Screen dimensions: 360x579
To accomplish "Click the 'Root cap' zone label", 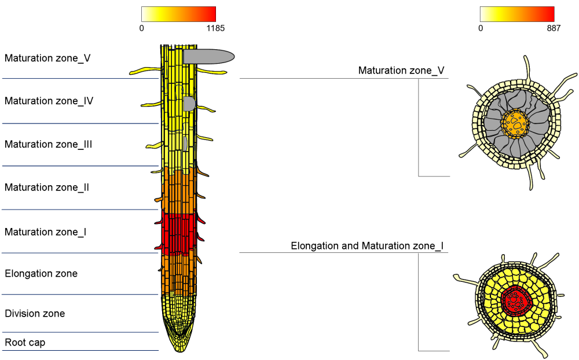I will tap(25, 343).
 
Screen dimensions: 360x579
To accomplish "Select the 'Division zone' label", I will tap(35, 314).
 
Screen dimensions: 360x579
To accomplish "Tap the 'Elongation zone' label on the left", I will tap(41, 273).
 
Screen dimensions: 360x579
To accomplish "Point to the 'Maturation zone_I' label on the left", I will tap(46, 232).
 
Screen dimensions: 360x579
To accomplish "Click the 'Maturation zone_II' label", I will tap(47, 188).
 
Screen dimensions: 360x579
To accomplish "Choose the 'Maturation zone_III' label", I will tap(49, 144).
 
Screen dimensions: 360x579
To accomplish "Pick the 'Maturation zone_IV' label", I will tap(49, 101).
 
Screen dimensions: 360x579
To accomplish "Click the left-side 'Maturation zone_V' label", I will tap(47, 58).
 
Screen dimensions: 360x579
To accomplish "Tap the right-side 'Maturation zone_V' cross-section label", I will tap(401, 71).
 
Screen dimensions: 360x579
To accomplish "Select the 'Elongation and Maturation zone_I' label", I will tap(367, 246).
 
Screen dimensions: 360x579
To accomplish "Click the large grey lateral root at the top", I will tap(208, 56).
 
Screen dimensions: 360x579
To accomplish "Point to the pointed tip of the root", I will tap(180, 349).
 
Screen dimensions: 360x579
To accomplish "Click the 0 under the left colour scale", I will tap(142, 28).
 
